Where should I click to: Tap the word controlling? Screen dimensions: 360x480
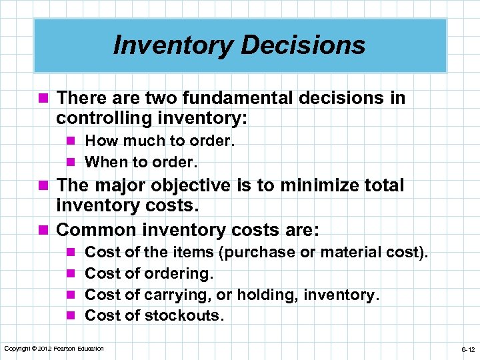[107, 119]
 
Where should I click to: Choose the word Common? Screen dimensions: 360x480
[95, 230]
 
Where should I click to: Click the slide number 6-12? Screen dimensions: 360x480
[467, 349]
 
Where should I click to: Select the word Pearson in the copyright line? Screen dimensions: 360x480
[69, 349]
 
